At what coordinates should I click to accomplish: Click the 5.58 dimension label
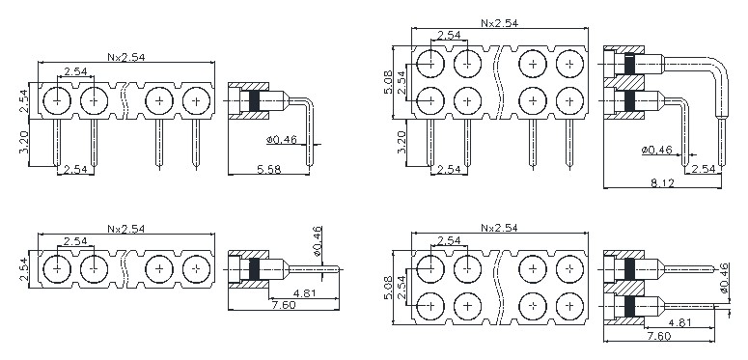[268, 169]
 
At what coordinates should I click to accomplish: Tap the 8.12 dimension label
[662, 182]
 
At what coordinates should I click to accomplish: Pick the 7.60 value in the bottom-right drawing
[659, 336]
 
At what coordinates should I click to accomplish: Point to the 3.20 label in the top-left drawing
[24, 142]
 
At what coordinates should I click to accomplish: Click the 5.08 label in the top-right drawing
[388, 82]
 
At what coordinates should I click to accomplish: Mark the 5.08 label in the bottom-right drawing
[388, 288]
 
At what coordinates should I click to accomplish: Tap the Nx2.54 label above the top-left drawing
[125, 57]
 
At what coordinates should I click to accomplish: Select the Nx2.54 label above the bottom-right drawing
[499, 228]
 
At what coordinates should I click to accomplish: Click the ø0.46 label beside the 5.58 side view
[282, 140]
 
